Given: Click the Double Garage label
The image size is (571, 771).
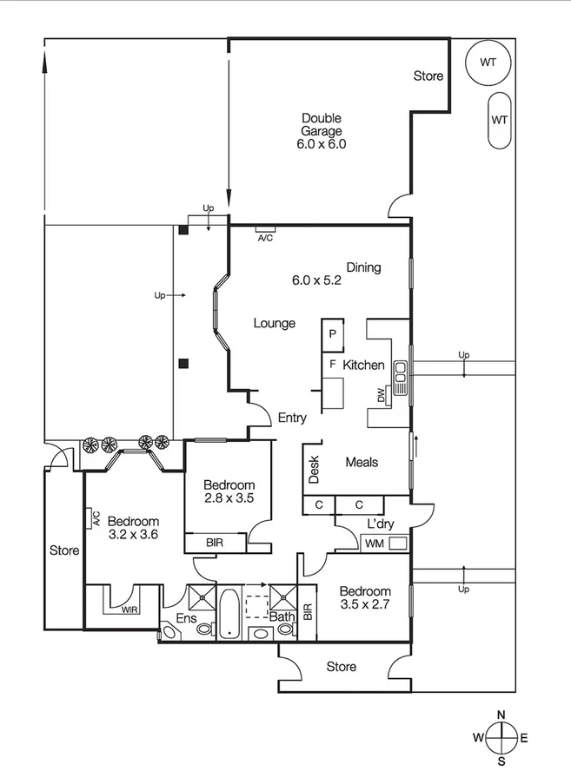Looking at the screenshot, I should [x=322, y=131].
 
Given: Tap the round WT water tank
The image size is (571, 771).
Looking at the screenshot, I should [x=488, y=63].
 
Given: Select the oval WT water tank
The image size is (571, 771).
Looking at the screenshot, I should [x=499, y=120].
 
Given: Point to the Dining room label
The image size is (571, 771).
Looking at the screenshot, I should [x=363, y=267].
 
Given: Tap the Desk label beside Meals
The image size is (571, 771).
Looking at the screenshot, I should [x=314, y=470].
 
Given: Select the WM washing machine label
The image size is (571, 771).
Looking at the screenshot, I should [x=374, y=544].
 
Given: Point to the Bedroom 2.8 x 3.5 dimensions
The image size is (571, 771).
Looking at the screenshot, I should [x=229, y=498].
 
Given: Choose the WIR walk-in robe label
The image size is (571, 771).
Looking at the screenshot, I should [x=129, y=610].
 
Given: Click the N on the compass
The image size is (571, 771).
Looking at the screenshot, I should [x=501, y=715].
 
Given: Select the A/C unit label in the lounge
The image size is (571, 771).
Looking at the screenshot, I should [x=265, y=237].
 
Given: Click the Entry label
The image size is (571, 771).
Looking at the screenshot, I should [x=292, y=418].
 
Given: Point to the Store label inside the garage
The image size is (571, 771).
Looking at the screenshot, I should [x=428, y=76].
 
